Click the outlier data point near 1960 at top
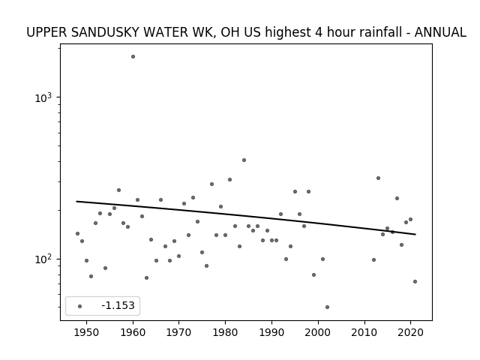pos(133,57)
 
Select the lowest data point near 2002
pos(327,307)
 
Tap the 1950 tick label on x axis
pos(87,332)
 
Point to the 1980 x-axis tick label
pos(225,332)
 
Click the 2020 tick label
pos(410,332)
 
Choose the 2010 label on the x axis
pos(364,332)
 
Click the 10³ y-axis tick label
pos(43,97)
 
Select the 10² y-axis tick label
pos(43,259)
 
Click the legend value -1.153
pos(118,305)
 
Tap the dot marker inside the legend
pos(80,306)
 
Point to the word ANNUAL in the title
pos(440,32)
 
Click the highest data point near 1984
pos(244,160)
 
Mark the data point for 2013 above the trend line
pos(378,178)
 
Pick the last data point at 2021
pos(415,282)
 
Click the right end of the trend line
pos(415,235)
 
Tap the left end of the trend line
pos(76,201)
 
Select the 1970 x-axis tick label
pos(179,332)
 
